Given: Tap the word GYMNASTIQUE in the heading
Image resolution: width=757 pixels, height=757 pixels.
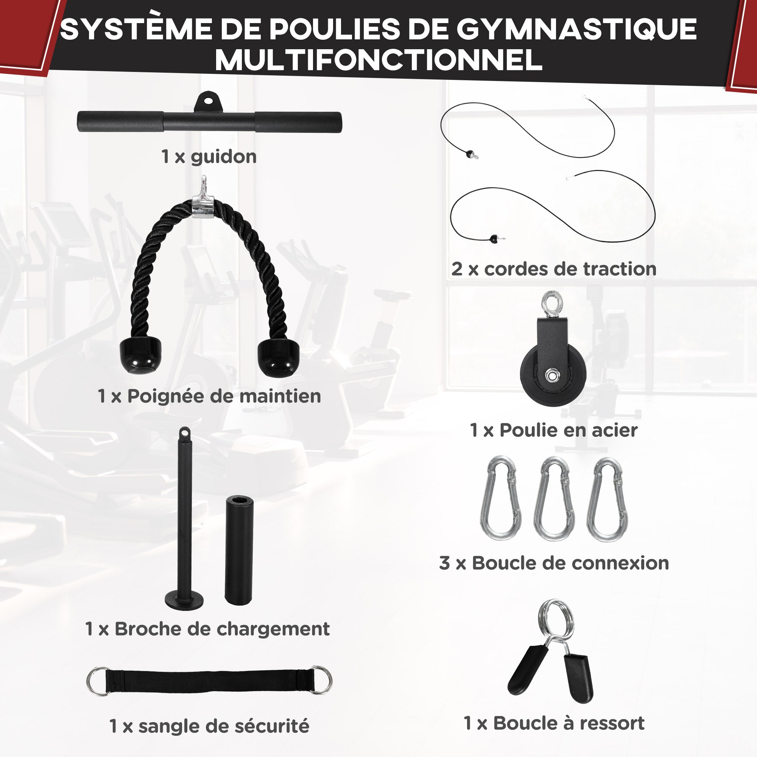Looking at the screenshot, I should [576, 29].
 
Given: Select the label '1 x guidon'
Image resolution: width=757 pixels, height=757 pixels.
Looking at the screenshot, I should [209, 157].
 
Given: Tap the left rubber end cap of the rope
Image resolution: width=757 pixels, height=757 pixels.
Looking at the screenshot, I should [140, 354].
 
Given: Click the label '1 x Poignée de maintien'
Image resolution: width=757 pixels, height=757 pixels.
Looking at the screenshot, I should [209, 396].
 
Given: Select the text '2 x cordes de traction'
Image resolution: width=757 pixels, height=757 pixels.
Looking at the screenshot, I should [554, 269].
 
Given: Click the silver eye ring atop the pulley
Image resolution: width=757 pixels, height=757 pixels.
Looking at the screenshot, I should [552, 301].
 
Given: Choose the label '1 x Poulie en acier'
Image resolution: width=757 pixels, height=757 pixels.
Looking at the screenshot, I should [553, 430].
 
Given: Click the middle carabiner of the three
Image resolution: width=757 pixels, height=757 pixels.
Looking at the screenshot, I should [554, 498].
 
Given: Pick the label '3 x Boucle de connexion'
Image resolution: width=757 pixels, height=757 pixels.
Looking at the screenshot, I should [554, 563].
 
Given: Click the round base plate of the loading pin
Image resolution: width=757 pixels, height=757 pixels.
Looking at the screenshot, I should [184, 600].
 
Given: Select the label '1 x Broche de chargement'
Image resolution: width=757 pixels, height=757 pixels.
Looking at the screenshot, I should [207, 629].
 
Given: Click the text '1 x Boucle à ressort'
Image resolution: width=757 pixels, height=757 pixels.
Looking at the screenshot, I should [554, 723].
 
